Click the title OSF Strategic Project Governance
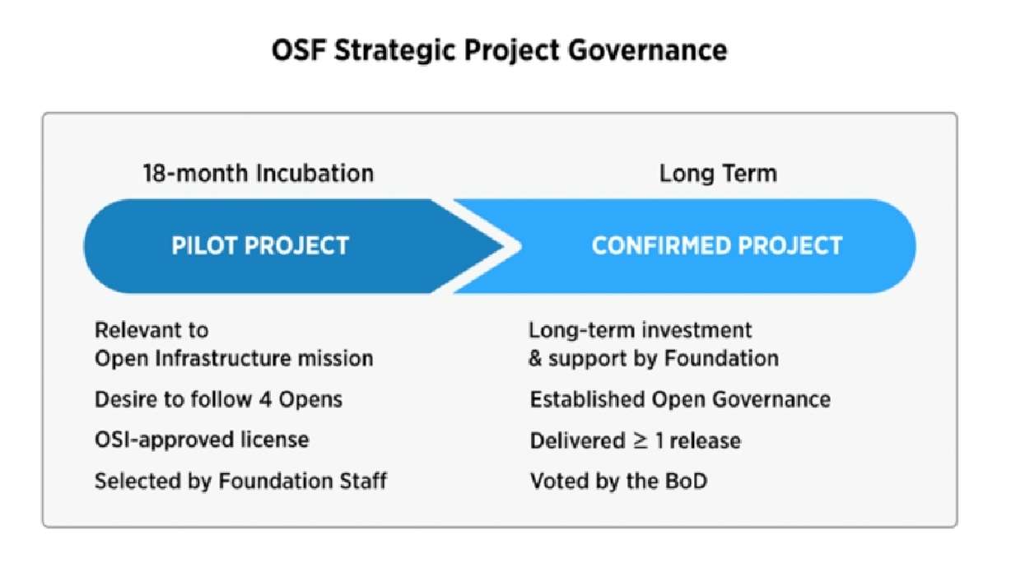tap(499, 51)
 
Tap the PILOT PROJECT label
tap(260, 245)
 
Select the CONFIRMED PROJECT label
tap(717, 245)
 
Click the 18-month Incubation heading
tap(258, 174)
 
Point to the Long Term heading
tap(718, 174)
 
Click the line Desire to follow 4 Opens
tap(218, 400)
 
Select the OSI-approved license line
tap(202, 440)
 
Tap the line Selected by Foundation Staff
tap(240, 481)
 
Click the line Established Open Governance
tap(680, 400)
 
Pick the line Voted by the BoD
tap(618, 481)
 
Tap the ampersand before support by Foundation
tap(536, 359)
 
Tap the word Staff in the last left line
tap(360, 481)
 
